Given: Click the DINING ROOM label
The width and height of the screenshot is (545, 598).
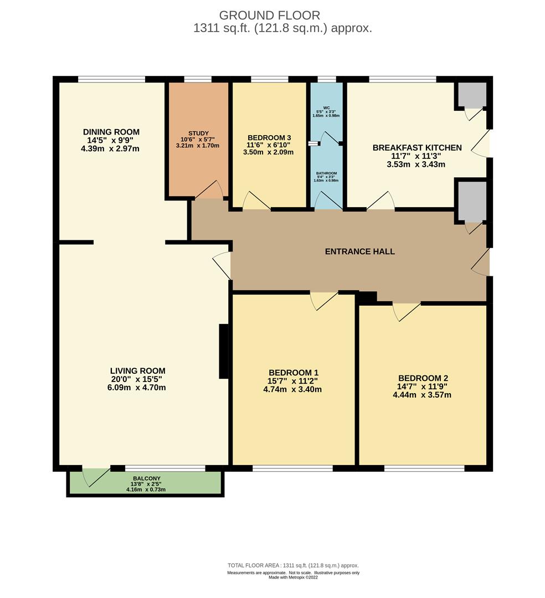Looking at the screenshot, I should click(x=111, y=132).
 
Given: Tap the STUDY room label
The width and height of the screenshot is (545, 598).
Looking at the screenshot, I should click(x=198, y=133).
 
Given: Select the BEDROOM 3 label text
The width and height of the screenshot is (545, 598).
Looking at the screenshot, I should click(x=269, y=137).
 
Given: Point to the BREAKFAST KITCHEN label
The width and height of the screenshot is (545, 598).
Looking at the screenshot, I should click(x=417, y=148).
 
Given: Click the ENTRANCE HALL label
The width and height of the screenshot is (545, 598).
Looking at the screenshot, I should click(x=359, y=251).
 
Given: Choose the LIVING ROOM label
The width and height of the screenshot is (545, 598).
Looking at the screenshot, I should click(x=137, y=371).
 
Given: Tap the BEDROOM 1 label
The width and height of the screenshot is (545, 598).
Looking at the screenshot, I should click(x=293, y=373).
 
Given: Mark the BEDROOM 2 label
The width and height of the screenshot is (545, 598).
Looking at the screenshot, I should click(x=423, y=378).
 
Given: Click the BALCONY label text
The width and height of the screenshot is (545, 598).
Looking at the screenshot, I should click(x=146, y=478).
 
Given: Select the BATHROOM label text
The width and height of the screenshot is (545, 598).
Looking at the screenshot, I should click(x=326, y=173).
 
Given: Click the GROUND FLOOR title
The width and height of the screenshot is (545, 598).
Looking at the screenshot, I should click(x=269, y=15).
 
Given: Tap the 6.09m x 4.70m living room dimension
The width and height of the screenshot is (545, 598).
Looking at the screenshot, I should click(x=138, y=388).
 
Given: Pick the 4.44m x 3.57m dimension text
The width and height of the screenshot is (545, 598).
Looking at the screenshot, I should click(x=423, y=395).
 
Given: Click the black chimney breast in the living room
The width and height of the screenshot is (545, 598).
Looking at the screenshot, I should click(x=224, y=352).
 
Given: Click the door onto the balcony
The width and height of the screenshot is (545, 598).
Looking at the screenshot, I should click(x=95, y=476).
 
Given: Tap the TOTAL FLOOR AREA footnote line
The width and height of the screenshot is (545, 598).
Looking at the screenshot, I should click(x=293, y=565).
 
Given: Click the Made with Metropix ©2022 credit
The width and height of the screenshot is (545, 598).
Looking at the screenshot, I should click(x=293, y=577).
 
